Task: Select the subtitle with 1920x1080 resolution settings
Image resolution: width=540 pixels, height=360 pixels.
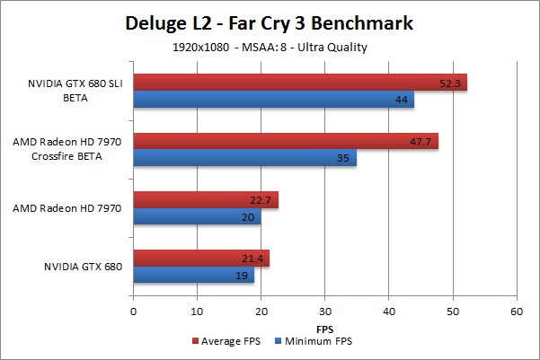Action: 270,48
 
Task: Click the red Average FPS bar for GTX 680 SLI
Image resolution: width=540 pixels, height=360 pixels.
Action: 300,83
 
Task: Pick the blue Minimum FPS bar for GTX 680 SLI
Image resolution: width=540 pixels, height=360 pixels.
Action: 273,100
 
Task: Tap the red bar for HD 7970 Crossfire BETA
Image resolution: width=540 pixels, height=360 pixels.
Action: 286,140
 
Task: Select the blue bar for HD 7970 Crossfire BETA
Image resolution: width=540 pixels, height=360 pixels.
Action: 244,157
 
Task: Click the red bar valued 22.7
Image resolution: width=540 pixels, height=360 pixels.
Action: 206,200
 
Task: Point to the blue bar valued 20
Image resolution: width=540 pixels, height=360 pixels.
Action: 197,217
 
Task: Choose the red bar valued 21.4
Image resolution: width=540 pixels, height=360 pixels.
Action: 201,259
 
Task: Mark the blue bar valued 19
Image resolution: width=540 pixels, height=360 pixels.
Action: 193,276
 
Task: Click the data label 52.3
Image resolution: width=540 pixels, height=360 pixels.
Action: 447,83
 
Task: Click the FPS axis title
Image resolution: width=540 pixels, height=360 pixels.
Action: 324,328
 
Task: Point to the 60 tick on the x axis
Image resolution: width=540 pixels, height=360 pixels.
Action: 516,312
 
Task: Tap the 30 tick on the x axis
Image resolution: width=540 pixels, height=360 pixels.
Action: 324,312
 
